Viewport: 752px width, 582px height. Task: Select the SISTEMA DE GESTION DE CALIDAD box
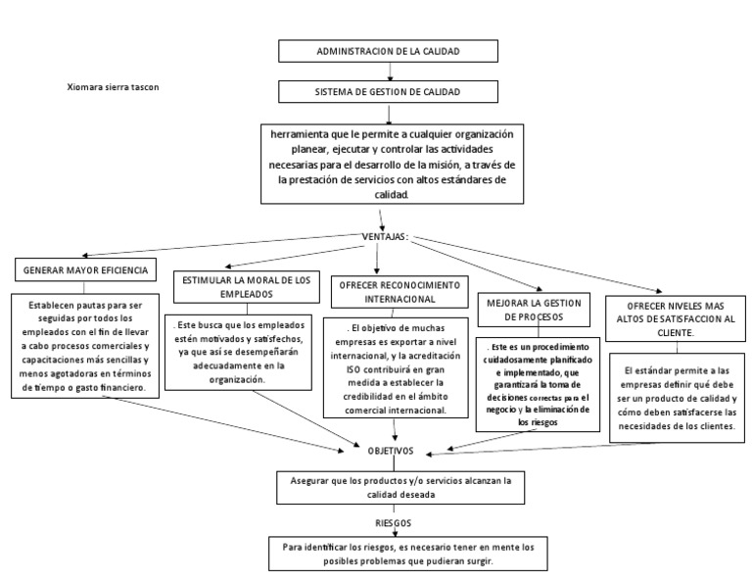[390, 91]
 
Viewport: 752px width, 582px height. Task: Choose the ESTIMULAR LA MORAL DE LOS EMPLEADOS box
[246, 286]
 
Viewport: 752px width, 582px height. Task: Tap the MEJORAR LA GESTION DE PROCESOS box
[534, 311]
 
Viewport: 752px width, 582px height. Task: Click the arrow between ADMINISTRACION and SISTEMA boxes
[391, 72]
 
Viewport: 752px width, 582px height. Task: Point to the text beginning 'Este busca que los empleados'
[246, 350]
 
